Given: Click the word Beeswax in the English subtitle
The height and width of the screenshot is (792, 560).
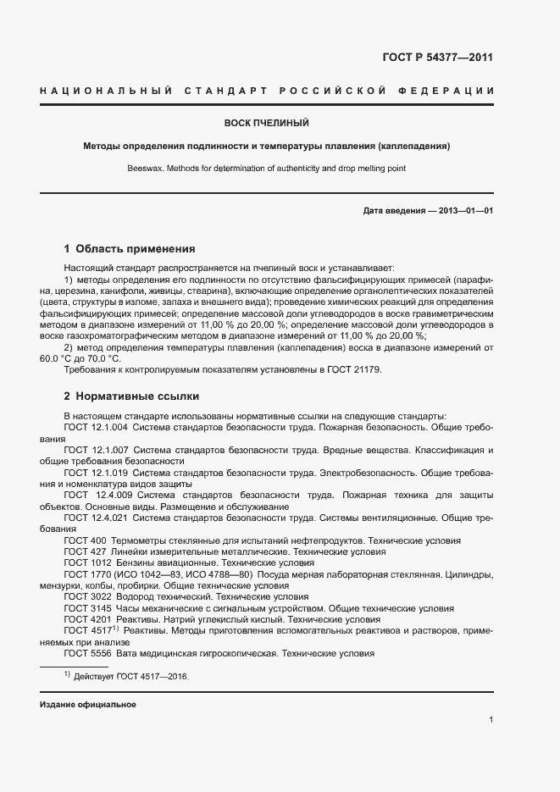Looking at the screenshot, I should tap(143, 168).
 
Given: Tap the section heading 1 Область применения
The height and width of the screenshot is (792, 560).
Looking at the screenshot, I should tap(130, 249).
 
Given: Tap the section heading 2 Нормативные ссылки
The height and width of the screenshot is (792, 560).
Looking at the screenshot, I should tap(131, 396).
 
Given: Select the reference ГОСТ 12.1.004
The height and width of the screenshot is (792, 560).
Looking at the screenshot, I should tap(96, 428).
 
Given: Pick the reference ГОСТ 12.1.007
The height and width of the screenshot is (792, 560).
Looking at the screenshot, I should tap(96, 450).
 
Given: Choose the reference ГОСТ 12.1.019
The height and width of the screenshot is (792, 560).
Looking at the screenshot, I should tap(96, 472).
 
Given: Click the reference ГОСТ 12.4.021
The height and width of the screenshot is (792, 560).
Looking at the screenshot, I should tap(96, 517).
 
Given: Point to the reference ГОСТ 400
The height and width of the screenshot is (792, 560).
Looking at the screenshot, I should tap(85, 540).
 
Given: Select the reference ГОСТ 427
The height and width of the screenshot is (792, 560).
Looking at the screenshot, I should tap(85, 551).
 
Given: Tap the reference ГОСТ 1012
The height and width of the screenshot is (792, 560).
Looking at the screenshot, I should tap(87, 562).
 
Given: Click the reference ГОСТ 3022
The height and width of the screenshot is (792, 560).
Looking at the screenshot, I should tap(87, 596).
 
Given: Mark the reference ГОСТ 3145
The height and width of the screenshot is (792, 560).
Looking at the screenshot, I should tap(87, 608).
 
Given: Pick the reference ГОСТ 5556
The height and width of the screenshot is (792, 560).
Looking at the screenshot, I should tap(87, 653).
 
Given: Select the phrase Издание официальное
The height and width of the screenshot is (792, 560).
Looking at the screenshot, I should tap(87, 705).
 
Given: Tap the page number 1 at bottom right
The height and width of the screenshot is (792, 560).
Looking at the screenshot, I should tap(491, 720).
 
